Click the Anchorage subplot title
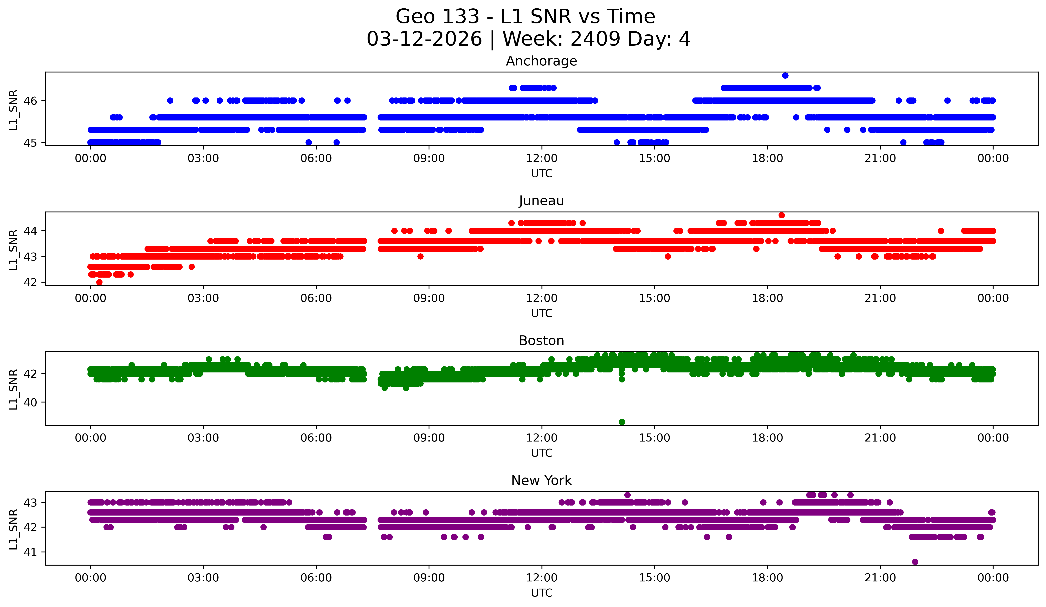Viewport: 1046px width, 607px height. point(541,61)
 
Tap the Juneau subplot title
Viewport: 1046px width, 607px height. point(541,201)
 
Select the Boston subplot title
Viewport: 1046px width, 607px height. point(541,341)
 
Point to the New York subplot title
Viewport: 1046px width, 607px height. point(541,481)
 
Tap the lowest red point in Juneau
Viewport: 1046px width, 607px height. point(99,282)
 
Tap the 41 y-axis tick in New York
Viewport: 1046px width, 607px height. point(30,552)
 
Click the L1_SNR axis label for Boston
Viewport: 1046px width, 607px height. point(13,389)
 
